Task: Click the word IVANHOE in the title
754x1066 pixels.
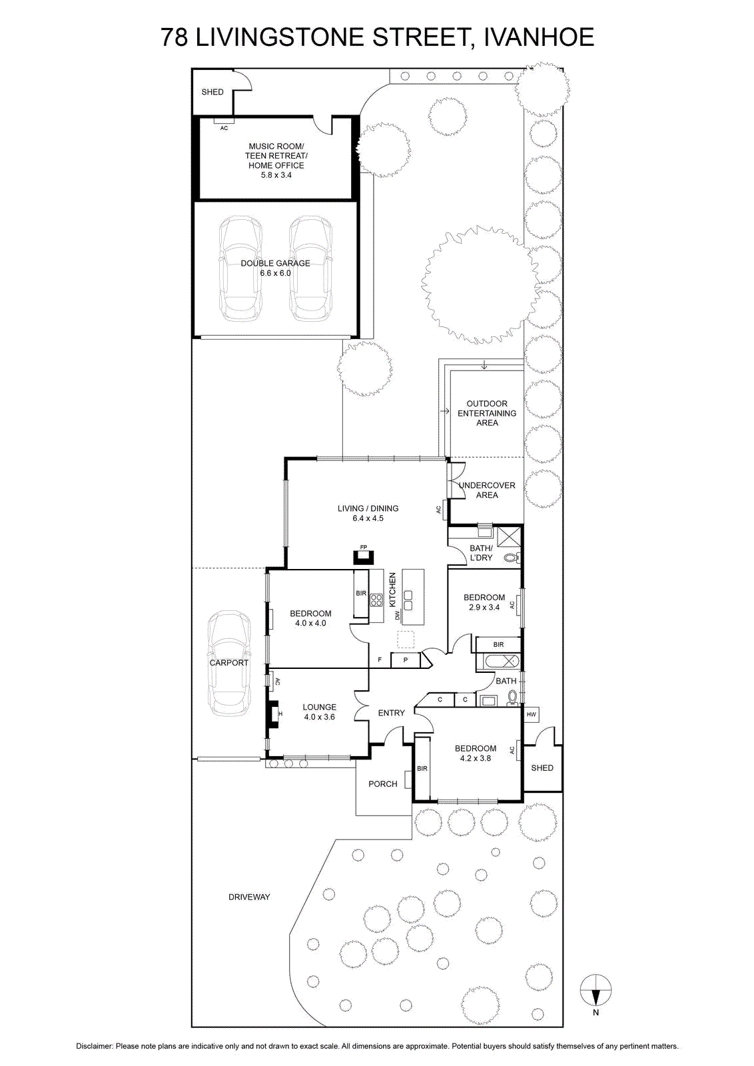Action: tap(539, 37)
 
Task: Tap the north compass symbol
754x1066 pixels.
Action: tap(595, 990)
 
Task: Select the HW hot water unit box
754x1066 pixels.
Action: tap(532, 714)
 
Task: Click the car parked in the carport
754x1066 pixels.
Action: tap(229, 664)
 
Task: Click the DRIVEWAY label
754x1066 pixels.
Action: tap(249, 897)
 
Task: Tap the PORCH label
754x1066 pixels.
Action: tap(383, 784)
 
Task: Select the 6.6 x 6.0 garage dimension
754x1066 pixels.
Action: tap(276, 273)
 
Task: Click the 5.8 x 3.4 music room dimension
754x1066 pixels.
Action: tap(276, 175)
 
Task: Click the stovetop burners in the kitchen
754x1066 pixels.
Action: tap(376, 600)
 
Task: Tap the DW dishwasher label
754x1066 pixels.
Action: tap(397, 616)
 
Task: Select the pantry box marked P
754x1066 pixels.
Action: tap(405, 660)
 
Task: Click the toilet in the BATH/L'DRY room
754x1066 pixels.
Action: tap(512, 557)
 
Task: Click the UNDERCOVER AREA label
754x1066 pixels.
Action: tap(487, 490)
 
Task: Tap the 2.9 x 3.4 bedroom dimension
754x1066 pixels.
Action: tap(484, 607)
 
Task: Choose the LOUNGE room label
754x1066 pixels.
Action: tap(319, 707)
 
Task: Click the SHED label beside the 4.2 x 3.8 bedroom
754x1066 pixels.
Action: tap(542, 768)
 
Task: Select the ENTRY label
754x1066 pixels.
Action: tap(392, 713)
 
